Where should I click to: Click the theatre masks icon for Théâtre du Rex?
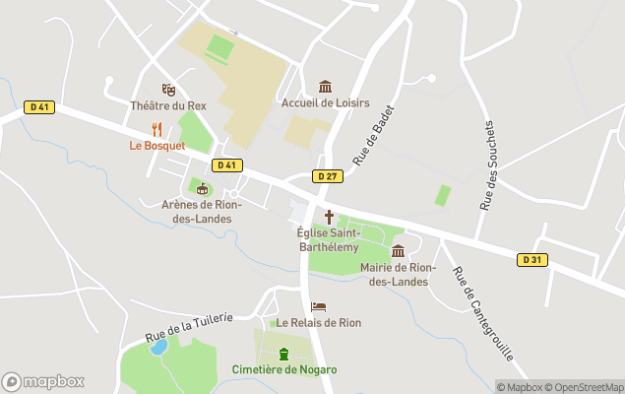tap(168, 90)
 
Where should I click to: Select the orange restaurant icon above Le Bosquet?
tap(156, 129)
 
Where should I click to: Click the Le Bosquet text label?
tap(157, 146)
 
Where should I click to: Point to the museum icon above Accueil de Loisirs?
tap(326, 86)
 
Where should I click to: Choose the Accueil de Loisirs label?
tap(324, 101)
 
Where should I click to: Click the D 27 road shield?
tap(328, 175)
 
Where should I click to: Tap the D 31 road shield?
tap(531, 259)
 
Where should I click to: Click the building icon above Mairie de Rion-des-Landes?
tap(398, 251)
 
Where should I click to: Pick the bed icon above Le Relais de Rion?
tap(318, 306)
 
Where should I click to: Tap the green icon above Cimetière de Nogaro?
tap(283, 354)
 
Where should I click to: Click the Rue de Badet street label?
tap(374, 135)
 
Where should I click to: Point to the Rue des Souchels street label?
tap(488, 164)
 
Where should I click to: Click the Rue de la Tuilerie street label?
tap(189, 326)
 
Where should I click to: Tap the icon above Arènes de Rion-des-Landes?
tap(203, 188)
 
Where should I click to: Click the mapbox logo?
tap(42, 381)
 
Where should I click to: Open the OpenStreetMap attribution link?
tap(586, 387)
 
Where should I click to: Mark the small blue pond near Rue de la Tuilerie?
tap(158, 347)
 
